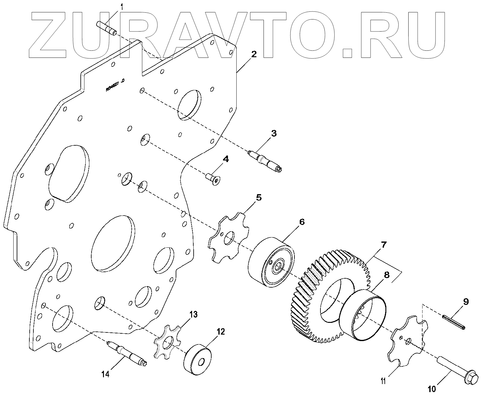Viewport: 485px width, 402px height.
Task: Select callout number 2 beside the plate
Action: click(x=254, y=54)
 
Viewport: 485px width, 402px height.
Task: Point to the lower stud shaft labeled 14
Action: click(x=127, y=353)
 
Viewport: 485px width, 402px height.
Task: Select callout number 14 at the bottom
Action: click(x=105, y=374)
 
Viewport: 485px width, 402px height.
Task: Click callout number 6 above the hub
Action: click(x=302, y=222)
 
